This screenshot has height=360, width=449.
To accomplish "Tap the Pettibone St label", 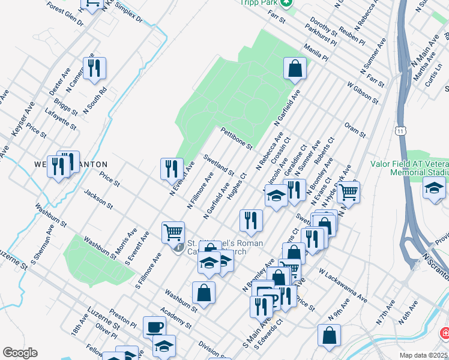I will point(237,138).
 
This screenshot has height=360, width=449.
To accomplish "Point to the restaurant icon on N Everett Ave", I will point(172,169).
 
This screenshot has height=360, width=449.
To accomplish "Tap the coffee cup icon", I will point(154,328).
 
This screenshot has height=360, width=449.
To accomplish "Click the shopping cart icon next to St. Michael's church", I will point(173,232).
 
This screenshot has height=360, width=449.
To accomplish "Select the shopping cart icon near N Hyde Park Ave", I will point(348,192).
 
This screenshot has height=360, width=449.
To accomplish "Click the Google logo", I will point(20,353).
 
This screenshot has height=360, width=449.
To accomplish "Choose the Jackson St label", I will point(99,199).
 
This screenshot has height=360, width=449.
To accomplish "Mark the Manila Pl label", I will point(316,52).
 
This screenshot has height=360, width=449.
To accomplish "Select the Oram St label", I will point(355,130).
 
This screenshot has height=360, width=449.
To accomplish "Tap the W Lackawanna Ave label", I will point(343,285).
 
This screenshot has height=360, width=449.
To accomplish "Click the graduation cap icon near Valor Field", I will point(434,188).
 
